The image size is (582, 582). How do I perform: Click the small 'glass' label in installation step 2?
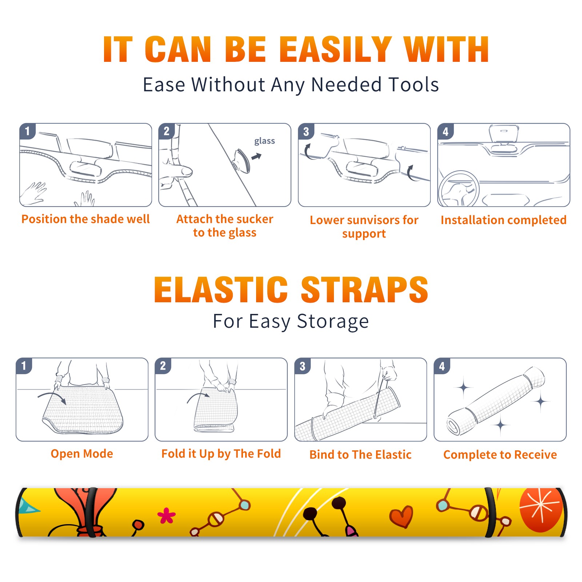[x=264, y=141]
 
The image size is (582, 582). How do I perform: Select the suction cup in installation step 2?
[x=242, y=160]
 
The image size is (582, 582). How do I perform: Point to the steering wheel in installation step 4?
[x=459, y=189]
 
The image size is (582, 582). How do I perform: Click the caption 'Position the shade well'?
[x=85, y=219]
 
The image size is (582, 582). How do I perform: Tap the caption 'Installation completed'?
[x=503, y=220]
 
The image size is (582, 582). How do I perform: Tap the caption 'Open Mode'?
[x=82, y=454]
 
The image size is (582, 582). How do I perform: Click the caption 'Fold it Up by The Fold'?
[x=221, y=454]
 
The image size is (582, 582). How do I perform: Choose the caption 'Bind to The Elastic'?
[x=360, y=455]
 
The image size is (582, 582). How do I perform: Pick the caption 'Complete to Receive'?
[x=500, y=455]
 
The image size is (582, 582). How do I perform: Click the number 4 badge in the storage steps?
[x=442, y=366]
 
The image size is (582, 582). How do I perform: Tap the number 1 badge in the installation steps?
[x=27, y=131]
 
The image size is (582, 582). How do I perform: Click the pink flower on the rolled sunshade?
[x=166, y=515]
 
